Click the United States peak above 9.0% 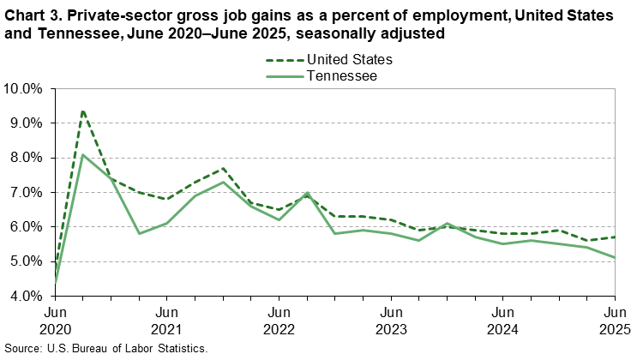tap(82, 111)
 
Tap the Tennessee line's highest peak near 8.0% tap(82, 155)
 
